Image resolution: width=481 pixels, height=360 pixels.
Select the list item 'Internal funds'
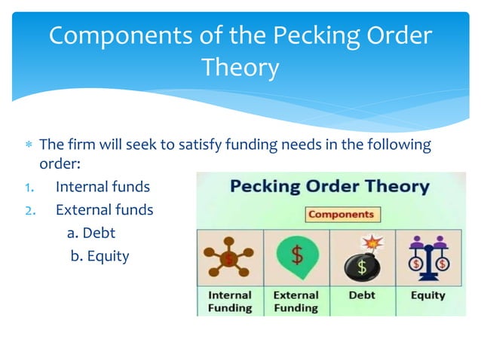coord(103,186)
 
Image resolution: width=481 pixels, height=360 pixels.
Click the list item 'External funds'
coord(104,209)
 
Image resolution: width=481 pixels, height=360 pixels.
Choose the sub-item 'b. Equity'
coord(100,256)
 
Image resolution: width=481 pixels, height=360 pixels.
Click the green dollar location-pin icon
coord(296,258)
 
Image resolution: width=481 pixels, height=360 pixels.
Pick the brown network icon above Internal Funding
coord(229,258)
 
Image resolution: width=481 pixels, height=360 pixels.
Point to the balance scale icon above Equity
coord(427,258)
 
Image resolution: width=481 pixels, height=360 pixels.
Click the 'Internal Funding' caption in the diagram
coord(230,301)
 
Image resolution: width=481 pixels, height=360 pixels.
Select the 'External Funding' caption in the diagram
coord(296,301)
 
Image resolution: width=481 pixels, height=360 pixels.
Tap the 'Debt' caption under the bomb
coord(362,295)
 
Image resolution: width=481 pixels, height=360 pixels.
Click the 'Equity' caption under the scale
coord(427,295)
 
